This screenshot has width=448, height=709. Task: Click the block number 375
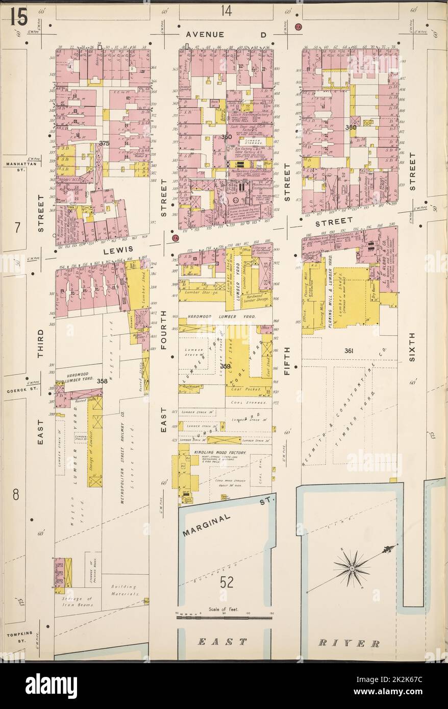[105, 143]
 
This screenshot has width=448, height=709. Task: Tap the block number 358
[102, 381]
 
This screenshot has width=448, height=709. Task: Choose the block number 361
[349, 351]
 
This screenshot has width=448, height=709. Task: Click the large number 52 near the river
[228, 582]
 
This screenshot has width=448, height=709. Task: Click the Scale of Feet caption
[224, 609]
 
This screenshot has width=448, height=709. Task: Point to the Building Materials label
[125, 591]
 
